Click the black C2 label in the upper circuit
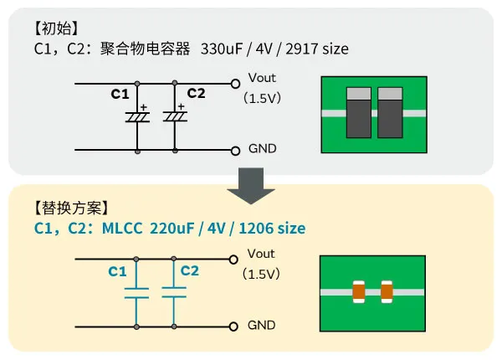click(x=196, y=92)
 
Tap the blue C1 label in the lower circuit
click(x=117, y=271)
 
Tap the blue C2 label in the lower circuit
click(x=190, y=270)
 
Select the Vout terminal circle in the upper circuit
click(x=236, y=84)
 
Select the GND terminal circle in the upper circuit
click(x=236, y=151)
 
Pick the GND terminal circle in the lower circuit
click(x=236, y=326)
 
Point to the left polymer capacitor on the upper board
click(x=359, y=112)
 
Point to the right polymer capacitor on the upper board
click(x=391, y=112)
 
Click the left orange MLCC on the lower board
click(x=358, y=291)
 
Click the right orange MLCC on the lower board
click(x=387, y=291)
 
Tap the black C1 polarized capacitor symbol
click(x=136, y=117)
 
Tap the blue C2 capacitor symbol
click(x=174, y=293)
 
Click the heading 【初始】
click(x=58, y=28)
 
